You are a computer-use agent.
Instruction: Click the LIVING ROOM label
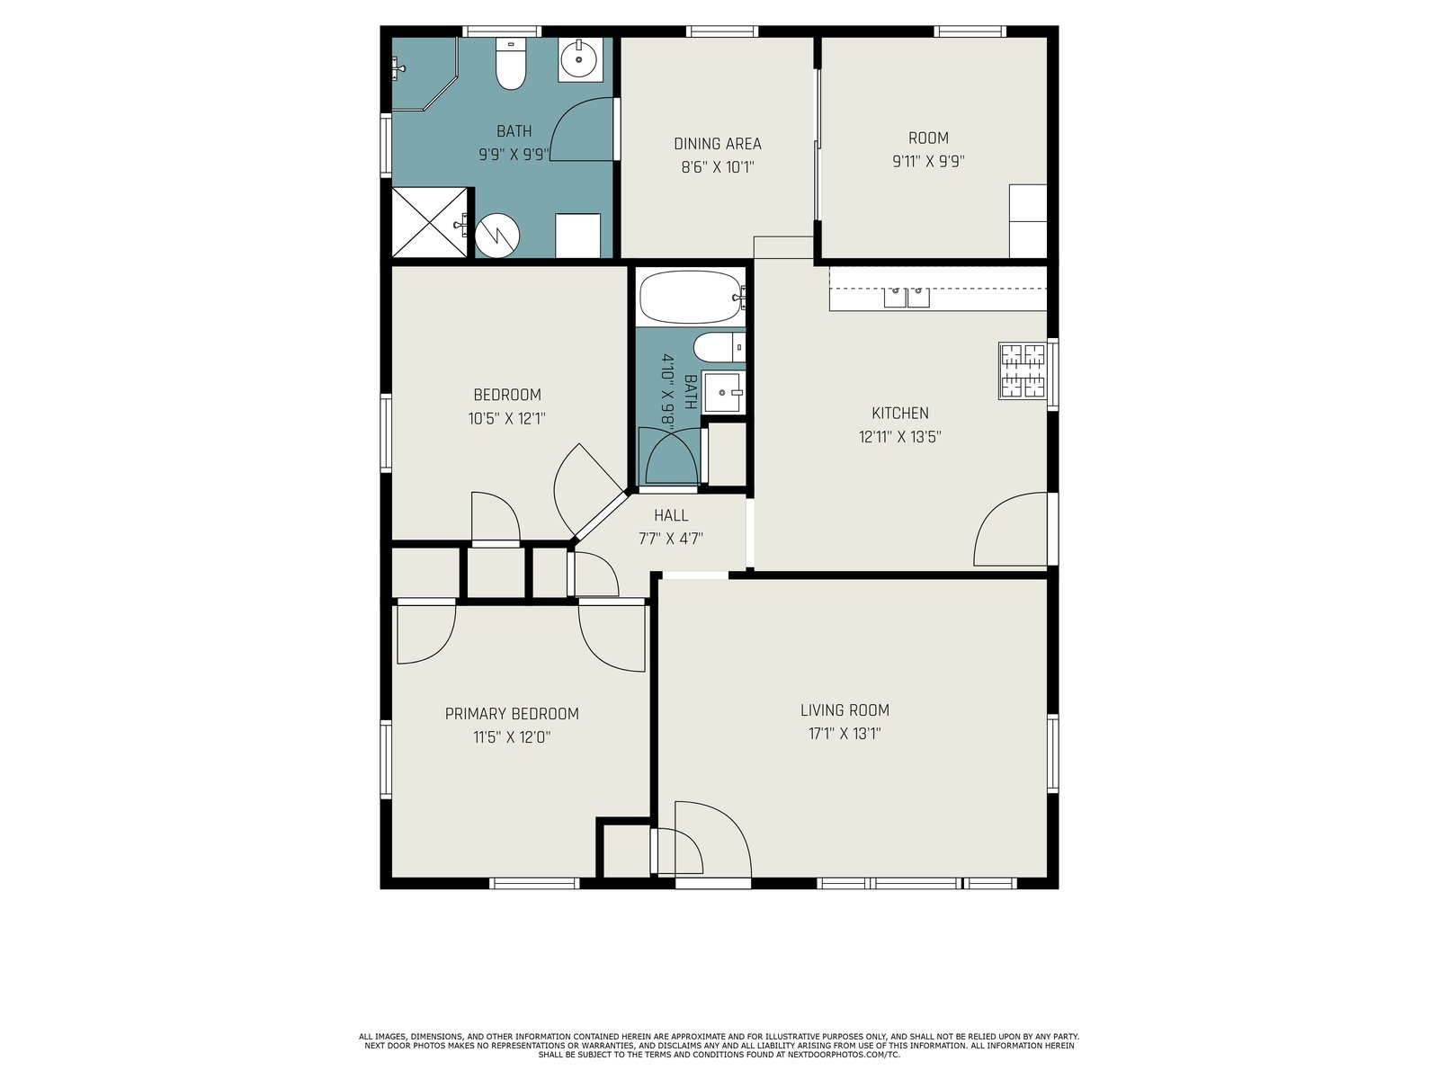click(845, 710)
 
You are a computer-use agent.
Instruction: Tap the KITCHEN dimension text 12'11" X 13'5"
click(900, 437)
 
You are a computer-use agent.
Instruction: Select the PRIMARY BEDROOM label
click(512, 714)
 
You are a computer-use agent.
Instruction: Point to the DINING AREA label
click(718, 144)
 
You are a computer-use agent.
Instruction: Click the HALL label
click(671, 515)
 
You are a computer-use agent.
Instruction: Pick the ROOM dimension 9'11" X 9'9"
click(928, 161)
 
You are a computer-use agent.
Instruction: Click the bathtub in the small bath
click(692, 297)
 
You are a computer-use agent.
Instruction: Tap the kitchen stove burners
click(1023, 370)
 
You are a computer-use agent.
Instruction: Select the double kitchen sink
click(907, 297)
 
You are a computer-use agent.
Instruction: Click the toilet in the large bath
click(511, 64)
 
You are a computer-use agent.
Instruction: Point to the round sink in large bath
click(580, 59)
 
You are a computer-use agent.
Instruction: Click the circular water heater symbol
click(497, 236)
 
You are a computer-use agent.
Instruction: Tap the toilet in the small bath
click(719, 347)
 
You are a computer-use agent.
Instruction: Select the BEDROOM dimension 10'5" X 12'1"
click(506, 419)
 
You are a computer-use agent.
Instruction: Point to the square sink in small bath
click(723, 392)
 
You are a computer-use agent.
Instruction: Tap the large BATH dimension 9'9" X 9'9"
click(514, 155)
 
